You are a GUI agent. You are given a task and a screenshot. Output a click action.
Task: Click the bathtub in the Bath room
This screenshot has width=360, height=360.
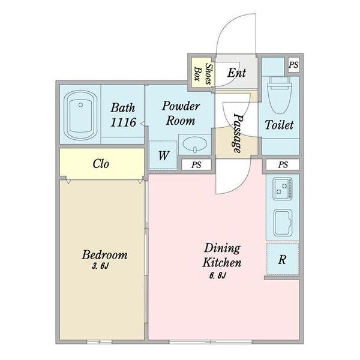[x=80, y=115]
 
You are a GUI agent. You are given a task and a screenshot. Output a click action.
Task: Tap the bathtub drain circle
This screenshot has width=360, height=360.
[x=80, y=105]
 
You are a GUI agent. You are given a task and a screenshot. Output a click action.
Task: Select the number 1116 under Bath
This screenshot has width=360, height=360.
[x=123, y=122]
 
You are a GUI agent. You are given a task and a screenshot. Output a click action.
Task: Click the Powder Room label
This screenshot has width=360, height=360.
[x=181, y=113]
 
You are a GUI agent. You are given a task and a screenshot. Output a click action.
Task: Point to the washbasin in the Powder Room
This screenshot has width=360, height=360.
[x=194, y=144]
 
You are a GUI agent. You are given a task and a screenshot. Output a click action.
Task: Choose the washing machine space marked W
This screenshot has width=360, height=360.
[x=163, y=155]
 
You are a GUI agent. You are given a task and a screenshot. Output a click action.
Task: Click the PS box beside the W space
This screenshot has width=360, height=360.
[x=196, y=164]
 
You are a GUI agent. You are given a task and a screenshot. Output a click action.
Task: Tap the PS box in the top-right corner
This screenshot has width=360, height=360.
[x=293, y=65]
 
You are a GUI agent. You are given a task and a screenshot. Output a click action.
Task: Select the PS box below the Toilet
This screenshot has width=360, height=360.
[x=283, y=164]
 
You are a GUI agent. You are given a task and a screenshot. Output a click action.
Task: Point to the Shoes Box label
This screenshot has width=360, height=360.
[x=203, y=74]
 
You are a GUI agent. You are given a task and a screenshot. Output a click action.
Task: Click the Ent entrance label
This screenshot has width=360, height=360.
[x=237, y=73]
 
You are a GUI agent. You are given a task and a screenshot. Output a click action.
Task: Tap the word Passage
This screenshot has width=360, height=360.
[x=238, y=133]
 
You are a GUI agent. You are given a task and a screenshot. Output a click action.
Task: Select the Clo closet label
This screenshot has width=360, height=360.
[x=101, y=164]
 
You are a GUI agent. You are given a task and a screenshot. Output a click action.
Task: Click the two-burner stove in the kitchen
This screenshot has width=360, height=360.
[x=283, y=189]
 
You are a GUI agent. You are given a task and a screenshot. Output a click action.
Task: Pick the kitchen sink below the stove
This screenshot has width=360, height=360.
[x=283, y=223]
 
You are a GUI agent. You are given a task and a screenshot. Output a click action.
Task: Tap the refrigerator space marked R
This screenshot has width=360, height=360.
[x=283, y=259]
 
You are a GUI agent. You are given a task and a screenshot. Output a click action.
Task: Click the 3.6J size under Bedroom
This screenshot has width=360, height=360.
[x=100, y=266]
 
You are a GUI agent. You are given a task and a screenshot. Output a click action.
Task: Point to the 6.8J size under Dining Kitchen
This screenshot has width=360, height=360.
[x=218, y=275]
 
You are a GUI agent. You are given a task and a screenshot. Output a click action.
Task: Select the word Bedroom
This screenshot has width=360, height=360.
[x=104, y=255]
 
